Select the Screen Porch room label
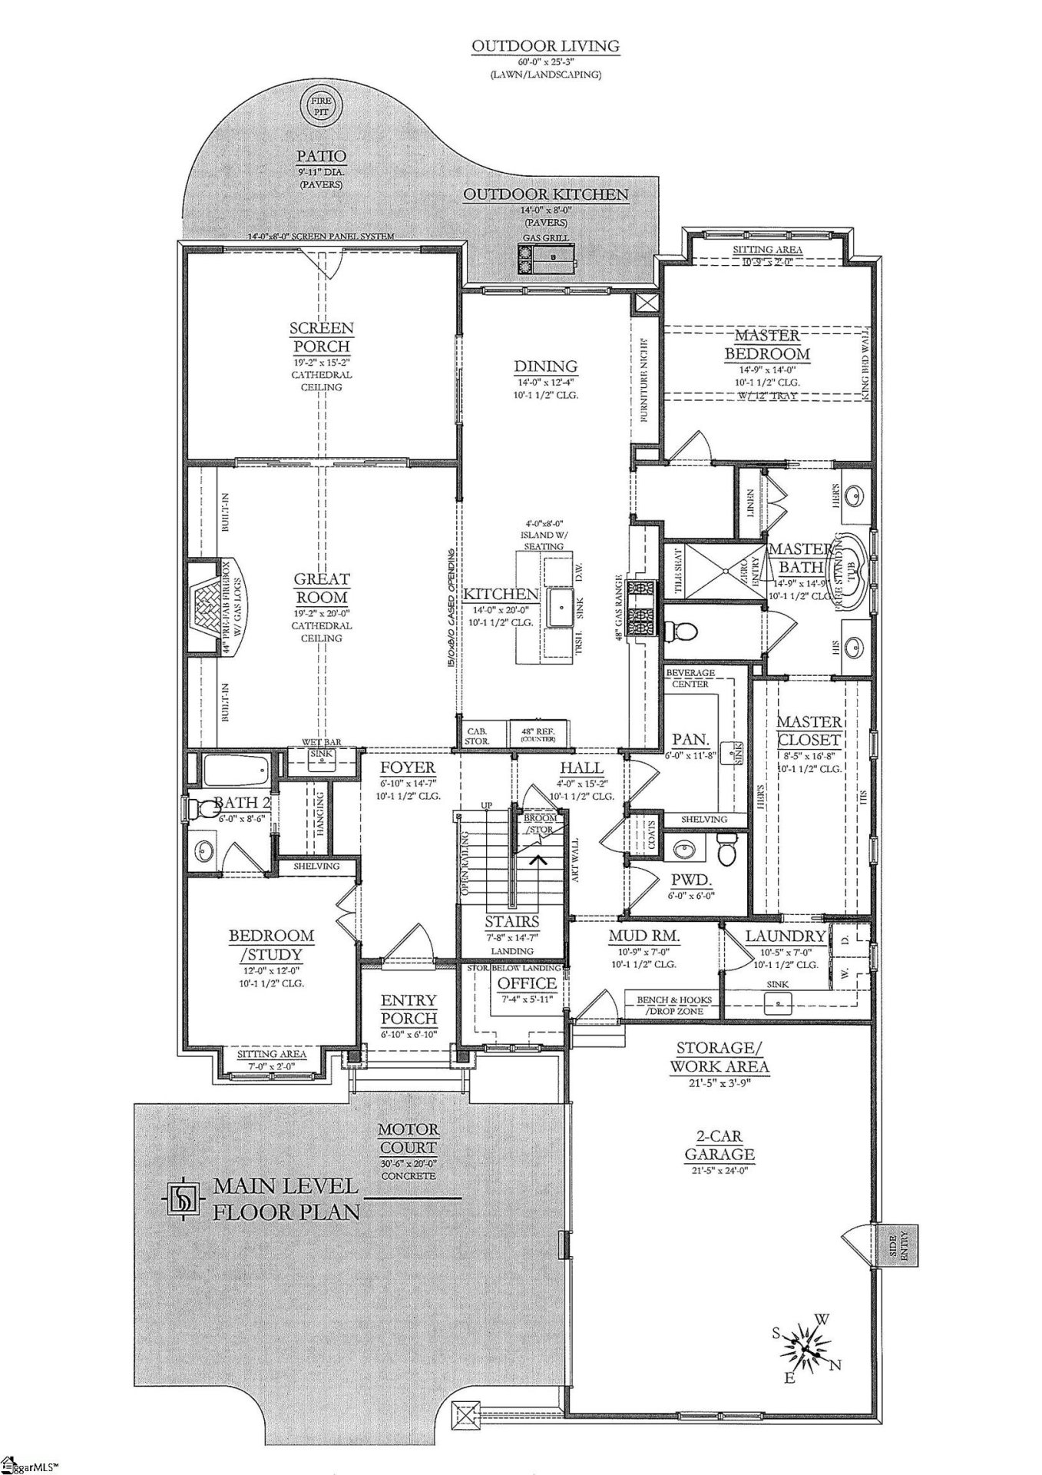(321, 337)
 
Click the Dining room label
(546, 366)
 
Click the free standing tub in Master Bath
(853, 572)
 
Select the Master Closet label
(809, 731)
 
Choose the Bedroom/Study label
(271, 945)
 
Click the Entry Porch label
(409, 1009)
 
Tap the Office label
(527, 983)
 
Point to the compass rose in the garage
(804, 1349)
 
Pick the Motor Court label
(409, 1139)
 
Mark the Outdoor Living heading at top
(546, 47)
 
